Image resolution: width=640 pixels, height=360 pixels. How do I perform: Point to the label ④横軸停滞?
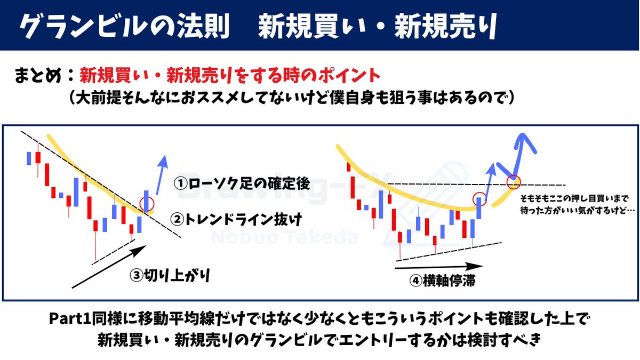click(442, 281)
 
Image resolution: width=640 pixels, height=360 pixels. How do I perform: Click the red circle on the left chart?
click(146, 203)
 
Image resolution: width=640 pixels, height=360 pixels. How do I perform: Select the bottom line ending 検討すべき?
click(319, 340)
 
